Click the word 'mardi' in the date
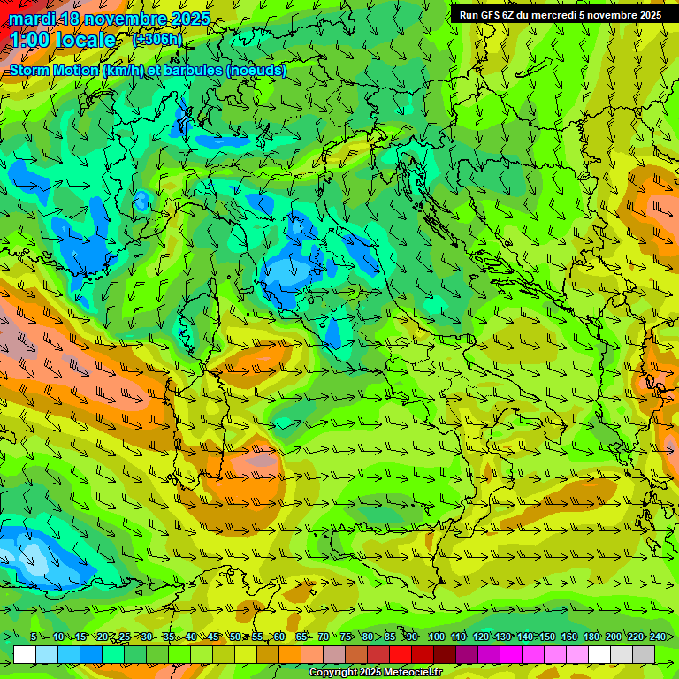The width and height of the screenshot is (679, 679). click(29, 19)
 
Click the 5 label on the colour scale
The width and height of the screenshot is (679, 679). click(34, 637)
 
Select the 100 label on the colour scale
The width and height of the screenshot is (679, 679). click(436, 637)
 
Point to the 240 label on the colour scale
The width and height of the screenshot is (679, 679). click(657, 637)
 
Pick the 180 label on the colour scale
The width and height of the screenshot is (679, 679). click(591, 637)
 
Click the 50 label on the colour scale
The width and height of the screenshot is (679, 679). click(234, 637)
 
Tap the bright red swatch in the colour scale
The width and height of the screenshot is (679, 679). click(401, 654)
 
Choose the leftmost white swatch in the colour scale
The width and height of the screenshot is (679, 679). click(25, 654)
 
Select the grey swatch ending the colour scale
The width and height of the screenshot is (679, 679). click(644, 654)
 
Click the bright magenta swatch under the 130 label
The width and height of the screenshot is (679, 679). click(511, 654)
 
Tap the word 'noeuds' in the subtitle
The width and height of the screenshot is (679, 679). click(258, 71)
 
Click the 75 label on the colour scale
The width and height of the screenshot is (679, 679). click(345, 637)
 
